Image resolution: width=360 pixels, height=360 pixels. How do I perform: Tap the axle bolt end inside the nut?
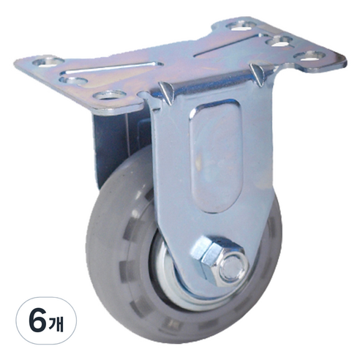coord(232,267)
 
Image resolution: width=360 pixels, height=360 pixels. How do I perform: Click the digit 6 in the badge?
coord(38,320)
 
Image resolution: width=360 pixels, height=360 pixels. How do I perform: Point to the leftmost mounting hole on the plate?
coord(46,61)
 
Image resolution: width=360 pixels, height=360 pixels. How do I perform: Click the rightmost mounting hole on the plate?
coord(310,55)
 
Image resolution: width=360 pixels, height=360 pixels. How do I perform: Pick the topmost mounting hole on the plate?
coord(241,26)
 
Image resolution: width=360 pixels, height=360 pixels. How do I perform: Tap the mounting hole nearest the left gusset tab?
coord(110,96)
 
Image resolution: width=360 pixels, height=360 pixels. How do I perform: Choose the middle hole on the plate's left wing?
coord(74,80)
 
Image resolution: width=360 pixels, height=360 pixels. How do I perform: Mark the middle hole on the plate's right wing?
coord(280,40)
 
